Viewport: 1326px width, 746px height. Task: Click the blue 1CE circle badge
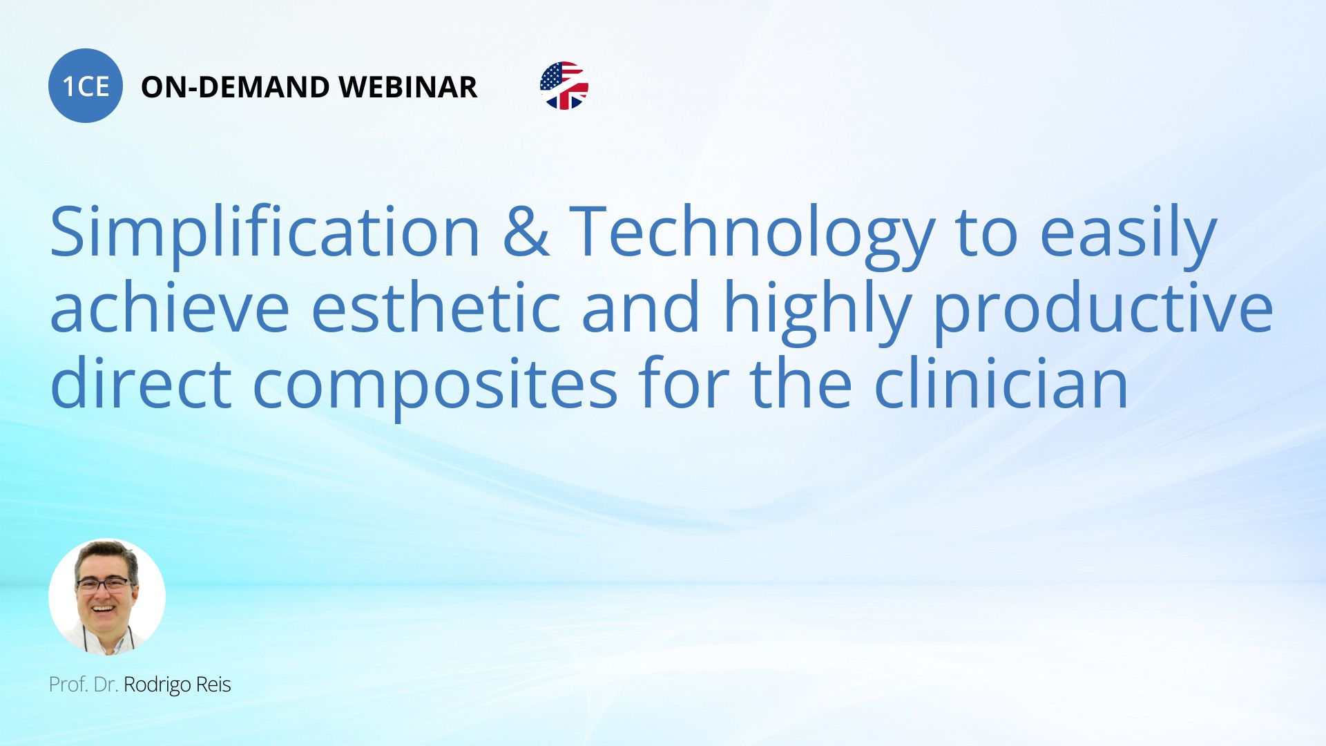86,86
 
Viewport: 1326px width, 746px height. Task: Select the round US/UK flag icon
564,86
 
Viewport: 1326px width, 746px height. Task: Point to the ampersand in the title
526,232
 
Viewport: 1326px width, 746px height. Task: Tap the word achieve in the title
170,307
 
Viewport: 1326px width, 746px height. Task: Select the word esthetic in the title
436,307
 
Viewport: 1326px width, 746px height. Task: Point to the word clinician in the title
1001,383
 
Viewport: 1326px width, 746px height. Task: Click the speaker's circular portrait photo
107,597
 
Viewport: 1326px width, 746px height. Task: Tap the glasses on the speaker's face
104,584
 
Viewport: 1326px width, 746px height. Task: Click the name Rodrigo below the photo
157,685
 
